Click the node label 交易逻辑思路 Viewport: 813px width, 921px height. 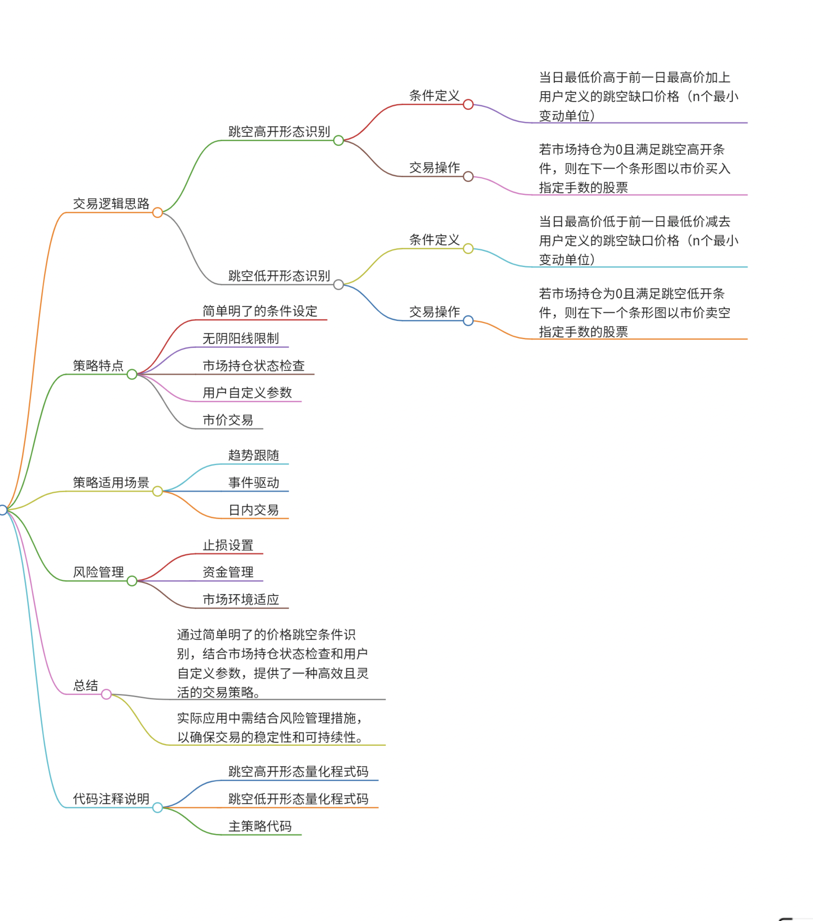click(x=111, y=204)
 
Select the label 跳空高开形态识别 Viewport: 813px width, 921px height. click(x=279, y=132)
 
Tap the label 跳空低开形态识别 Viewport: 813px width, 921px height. click(x=279, y=276)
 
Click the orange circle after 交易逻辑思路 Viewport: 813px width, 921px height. click(x=157, y=213)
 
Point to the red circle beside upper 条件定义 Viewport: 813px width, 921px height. click(x=468, y=105)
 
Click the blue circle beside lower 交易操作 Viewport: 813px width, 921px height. click(x=468, y=321)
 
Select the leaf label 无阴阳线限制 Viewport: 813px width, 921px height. click(x=241, y=338)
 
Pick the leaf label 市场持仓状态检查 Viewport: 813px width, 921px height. click(x=254, y=365)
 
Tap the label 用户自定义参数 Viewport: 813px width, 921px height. click(x=247, y=392)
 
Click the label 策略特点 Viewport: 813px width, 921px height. click(x=98, y=365)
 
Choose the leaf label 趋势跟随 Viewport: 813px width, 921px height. click(x=254, y=455)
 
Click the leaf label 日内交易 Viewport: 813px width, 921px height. click(x=254, y=510)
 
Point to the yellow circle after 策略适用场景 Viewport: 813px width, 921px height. click(x=157, y=491)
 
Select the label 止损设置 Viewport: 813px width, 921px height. click(x=228, y=545)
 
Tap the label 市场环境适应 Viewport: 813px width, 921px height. click(x=241, y=599)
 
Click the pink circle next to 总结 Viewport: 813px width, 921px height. click(x=106, y=694)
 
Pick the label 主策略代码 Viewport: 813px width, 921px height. click(x=260, y=826)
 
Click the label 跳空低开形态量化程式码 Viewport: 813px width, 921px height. click(x=298, y=799)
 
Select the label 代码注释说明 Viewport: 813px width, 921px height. click(x=111, y=799)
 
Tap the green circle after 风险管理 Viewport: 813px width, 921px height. click(x=132, y=581)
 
